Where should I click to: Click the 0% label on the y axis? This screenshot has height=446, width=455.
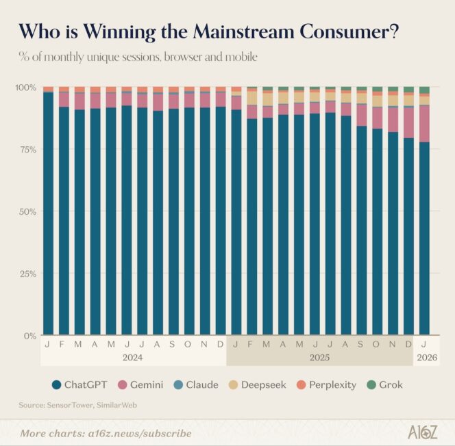[x=29, y=336]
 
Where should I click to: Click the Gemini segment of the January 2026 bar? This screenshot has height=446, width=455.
[x=424, y=123]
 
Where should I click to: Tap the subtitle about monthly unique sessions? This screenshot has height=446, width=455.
[x=138, y=57]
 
